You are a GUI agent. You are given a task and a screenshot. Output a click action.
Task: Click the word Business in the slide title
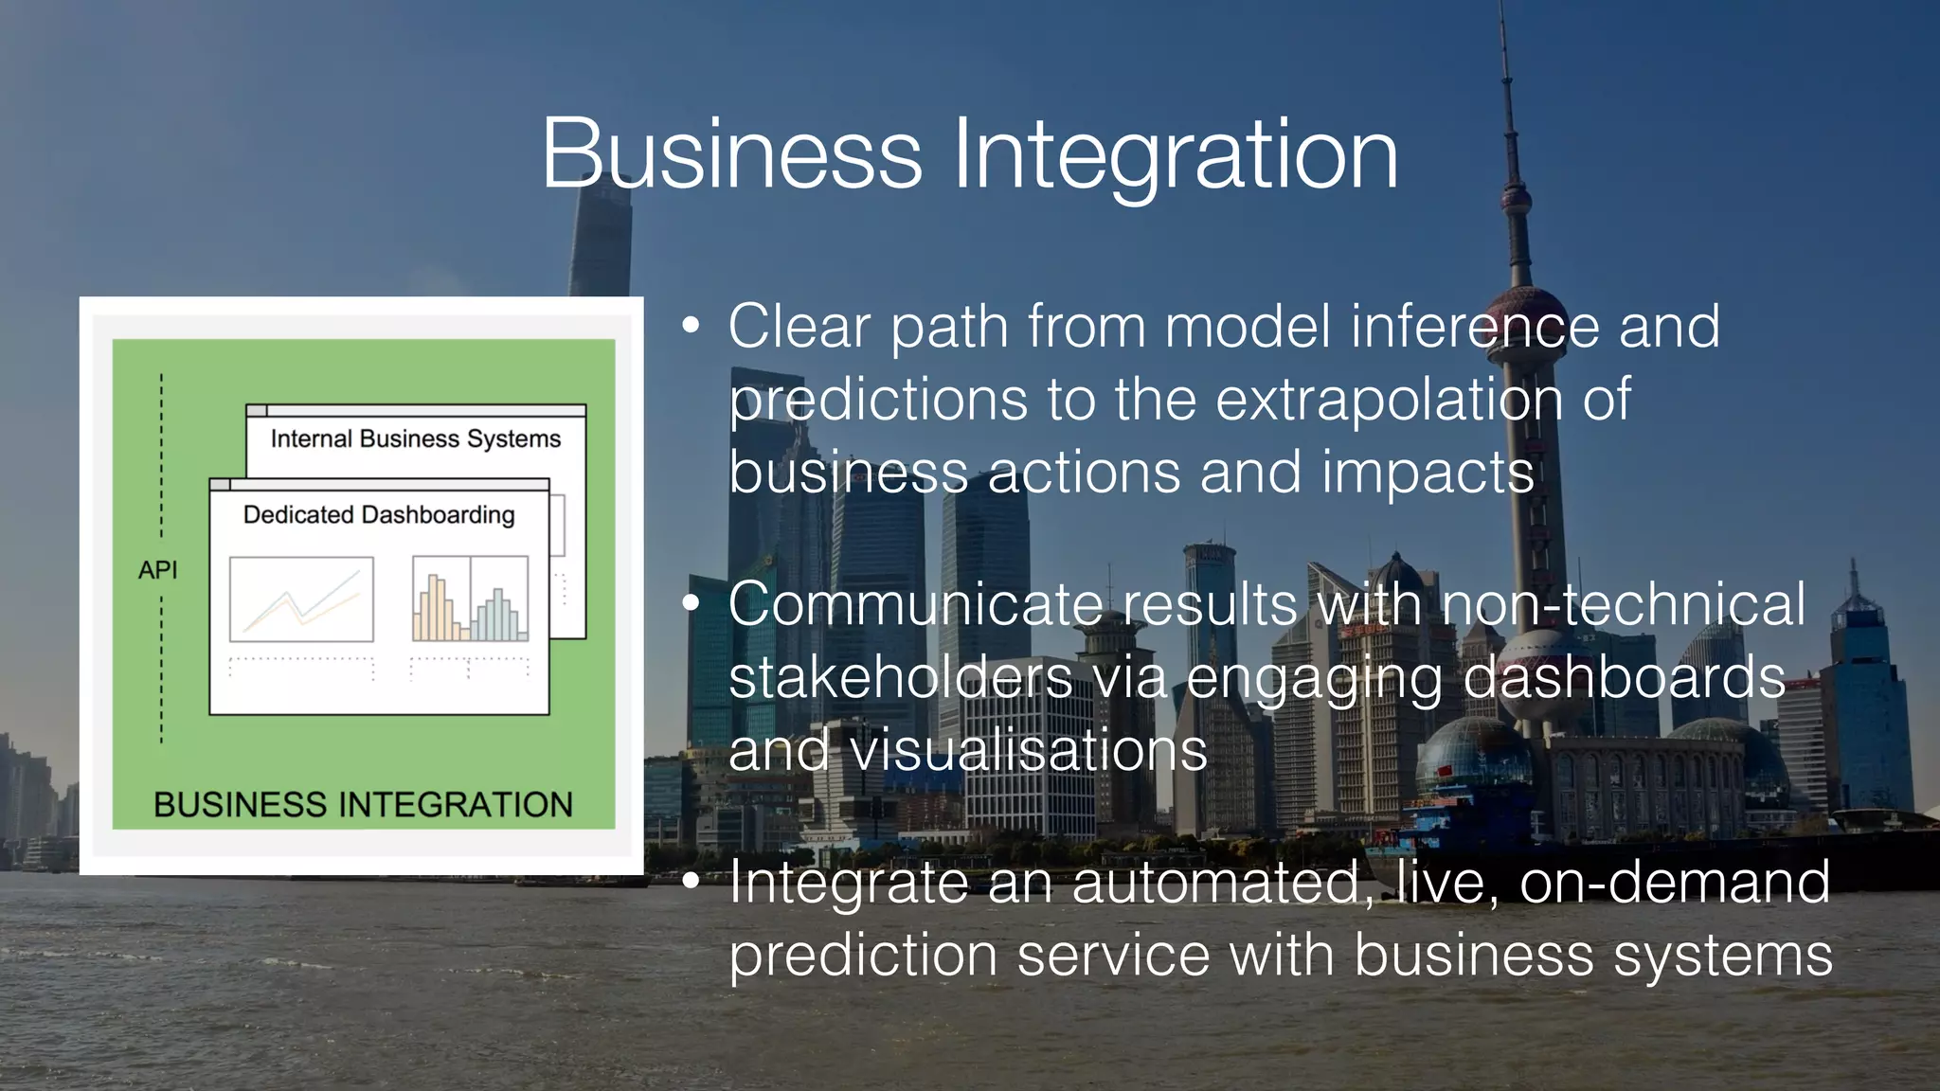(x=731, y=154)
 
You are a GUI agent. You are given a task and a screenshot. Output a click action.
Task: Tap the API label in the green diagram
(x=157, y=570)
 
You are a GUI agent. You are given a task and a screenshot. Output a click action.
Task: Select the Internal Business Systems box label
(x=415, y=439)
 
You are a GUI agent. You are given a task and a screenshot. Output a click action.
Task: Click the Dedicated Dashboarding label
(x=379, y=515)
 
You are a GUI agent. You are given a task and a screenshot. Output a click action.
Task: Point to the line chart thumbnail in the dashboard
(x=301, y=599)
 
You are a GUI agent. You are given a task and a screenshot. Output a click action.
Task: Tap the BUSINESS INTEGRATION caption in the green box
(x=363, y=805)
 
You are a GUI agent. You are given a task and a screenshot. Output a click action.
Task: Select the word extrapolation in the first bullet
(x=1389, y=400)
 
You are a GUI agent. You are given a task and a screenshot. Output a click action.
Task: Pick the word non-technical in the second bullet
(x=1623, y=604)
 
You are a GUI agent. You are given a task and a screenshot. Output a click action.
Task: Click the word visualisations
(x=1028, y=750)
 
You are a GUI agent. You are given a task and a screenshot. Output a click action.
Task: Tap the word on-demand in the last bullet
(x=1674, y=882)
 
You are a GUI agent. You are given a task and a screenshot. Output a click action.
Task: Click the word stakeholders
(x=900, y=677)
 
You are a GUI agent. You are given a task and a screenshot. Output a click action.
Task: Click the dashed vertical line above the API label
(x=161, y=455)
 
